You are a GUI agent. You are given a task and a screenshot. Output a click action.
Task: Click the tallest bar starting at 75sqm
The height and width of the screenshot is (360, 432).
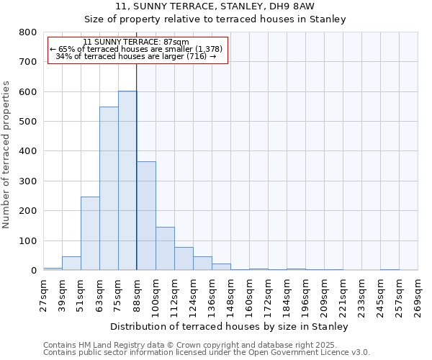[127, 181]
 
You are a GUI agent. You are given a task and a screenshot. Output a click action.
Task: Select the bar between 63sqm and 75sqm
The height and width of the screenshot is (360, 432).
[109, 189]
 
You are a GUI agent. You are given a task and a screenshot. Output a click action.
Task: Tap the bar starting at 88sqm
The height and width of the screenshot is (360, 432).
[146, 216]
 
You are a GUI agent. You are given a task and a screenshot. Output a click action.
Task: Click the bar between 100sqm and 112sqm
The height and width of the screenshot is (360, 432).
[165, 248]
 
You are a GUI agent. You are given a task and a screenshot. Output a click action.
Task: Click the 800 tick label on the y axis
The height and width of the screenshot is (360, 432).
[27, 32]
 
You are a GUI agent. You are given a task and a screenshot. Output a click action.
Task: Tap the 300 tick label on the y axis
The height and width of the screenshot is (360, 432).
[27, 181]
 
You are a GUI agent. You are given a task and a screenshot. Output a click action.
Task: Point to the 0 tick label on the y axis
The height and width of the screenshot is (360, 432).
[33, 271]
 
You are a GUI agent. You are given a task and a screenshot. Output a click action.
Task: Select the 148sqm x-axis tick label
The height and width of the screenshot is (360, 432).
[230, 295]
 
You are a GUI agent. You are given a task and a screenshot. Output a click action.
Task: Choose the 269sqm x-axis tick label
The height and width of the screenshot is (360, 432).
[418, 295]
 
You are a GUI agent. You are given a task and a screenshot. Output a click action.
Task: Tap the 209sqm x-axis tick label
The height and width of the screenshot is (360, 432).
[324, 295]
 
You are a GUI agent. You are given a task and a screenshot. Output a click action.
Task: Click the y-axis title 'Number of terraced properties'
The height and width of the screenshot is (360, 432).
[7, 155]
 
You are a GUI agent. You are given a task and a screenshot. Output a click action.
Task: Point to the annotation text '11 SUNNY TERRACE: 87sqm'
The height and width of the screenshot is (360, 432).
[136, 42]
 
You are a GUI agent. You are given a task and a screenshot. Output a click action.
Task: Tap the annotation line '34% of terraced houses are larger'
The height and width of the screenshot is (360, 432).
[136, 56]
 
